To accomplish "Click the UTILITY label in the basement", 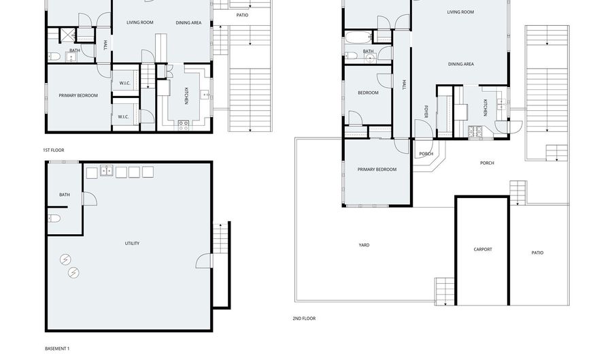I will point(132,243).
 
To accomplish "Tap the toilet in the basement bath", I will point(54,218).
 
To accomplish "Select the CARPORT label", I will point(482,250).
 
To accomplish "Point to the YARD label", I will point(364,245).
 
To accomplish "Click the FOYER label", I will point(426,112).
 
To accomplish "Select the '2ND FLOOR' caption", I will point(304,318).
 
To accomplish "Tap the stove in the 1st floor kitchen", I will point(183,125).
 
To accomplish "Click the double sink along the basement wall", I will point(107,171).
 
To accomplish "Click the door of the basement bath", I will point(88,199).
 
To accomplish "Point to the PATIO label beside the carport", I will point(537,253).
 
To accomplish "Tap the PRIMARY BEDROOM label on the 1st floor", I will point(78,96).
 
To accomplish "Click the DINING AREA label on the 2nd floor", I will point(460,64).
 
